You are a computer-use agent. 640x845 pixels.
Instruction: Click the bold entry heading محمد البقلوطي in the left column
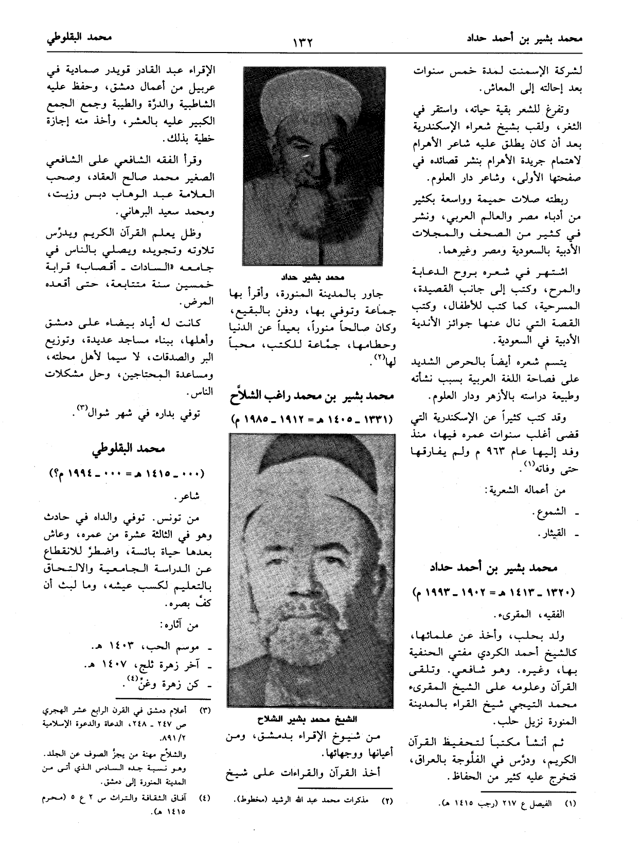pos(129,449)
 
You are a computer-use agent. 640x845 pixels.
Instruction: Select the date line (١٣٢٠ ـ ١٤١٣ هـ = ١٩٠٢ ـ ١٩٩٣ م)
pos(494,592)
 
